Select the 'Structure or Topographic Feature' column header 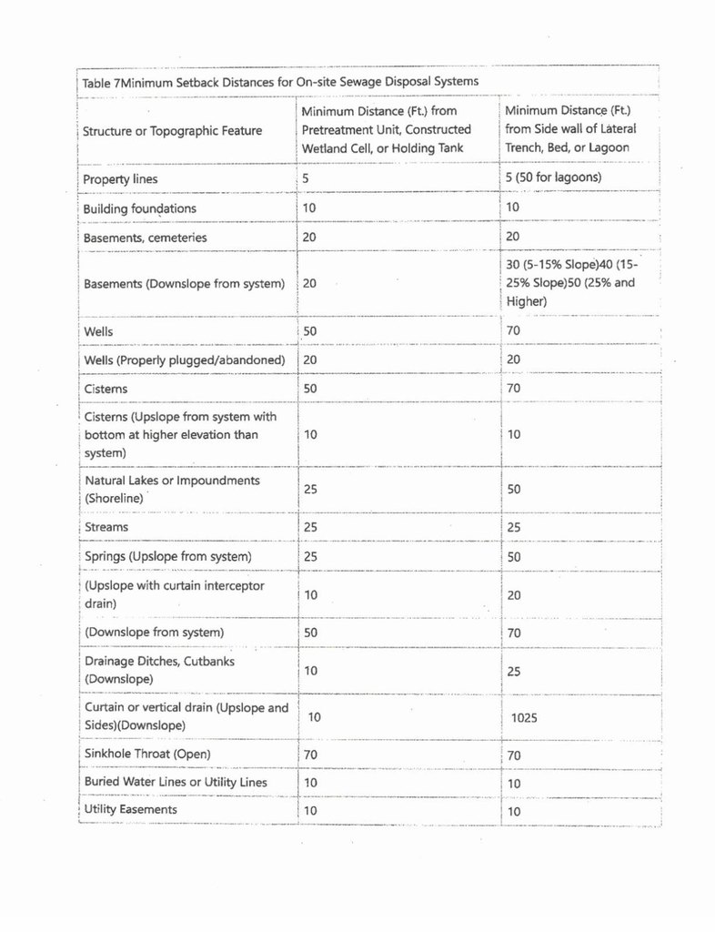click(172, 130)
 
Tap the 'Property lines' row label click(120, 179)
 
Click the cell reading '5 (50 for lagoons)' click(553, 177)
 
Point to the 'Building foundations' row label click(139, 208)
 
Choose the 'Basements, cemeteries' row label click(145, 238)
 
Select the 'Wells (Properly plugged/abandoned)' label click(185, 360)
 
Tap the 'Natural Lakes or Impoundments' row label click(172, 489)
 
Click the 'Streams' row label click(106, 527)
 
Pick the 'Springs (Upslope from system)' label click(167, 556)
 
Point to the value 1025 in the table click(524, 717)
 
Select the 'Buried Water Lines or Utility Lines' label click(176, 782)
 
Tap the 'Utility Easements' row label click(130, 809)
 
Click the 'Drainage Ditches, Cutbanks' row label click(159, 670)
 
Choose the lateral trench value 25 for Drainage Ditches click(514, 671)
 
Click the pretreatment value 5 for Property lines click(306, 179)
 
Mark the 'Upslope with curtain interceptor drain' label click(174, 594)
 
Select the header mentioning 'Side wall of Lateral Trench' click(570, 129)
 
